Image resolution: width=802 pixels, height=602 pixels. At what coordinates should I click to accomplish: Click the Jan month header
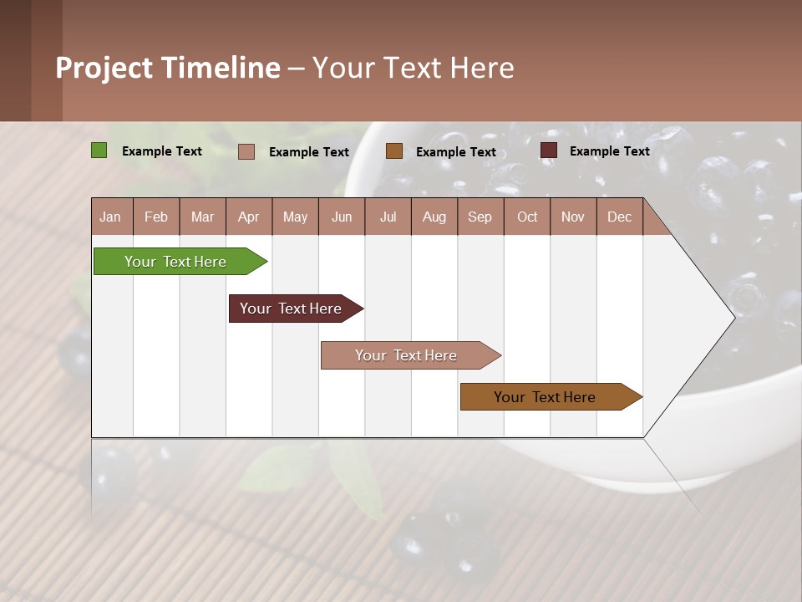coord(110,217)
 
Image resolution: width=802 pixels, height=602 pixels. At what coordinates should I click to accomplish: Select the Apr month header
coord(248,217)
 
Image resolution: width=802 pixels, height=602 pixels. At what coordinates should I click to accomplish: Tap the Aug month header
coord(434,217)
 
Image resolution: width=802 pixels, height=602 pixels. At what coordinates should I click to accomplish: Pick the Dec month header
coord(619,217)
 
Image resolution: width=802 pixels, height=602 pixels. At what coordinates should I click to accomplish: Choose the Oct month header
coord(527,217)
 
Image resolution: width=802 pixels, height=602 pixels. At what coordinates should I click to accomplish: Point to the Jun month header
coord(341,217)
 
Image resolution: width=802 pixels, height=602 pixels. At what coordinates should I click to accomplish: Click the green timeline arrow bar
coord(175,262)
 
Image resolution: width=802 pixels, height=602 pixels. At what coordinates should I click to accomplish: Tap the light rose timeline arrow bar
coord(406,355)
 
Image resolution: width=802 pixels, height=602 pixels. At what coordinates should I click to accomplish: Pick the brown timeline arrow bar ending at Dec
coord(545,397)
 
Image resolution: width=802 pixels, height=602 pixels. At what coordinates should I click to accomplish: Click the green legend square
coord(99,150)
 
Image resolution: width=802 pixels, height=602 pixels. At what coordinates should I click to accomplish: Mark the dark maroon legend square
coord(548,150)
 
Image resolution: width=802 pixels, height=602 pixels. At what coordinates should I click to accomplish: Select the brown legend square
coord(394,151)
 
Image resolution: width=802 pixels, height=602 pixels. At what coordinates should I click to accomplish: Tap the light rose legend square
coord(246,151)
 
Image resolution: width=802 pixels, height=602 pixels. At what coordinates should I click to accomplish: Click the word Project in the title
coord(104,68)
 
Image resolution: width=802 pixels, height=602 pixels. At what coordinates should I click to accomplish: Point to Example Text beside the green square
coord(161,151)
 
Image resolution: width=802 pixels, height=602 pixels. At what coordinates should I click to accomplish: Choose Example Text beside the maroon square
coord(609,151)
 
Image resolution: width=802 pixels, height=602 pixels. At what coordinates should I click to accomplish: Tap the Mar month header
coord(202,217)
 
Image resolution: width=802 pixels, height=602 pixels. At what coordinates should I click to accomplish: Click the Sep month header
coord(480,217)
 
